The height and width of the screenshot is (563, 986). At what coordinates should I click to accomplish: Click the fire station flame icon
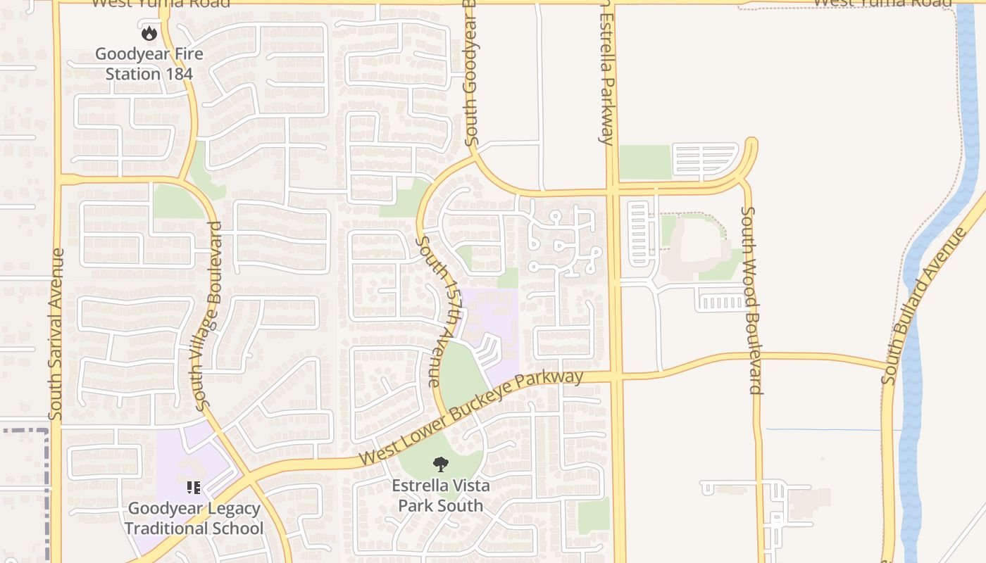point(149,32)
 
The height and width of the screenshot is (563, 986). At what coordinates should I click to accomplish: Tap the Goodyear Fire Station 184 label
point(149,63)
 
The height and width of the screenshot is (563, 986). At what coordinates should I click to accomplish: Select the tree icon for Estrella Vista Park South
point(441,464)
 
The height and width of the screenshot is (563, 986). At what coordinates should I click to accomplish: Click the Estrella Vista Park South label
point(441,495)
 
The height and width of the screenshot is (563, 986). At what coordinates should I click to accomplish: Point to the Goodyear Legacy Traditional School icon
point(194,487)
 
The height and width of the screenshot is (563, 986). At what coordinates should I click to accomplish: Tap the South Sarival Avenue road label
point(56,334)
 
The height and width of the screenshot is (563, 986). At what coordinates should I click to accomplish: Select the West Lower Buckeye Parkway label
point(470,417)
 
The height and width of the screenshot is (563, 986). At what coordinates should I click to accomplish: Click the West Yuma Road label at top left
point(161,4)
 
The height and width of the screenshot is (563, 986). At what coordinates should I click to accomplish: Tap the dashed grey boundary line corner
point(48,430)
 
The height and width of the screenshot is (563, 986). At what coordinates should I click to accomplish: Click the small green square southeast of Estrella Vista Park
point(593,514)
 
